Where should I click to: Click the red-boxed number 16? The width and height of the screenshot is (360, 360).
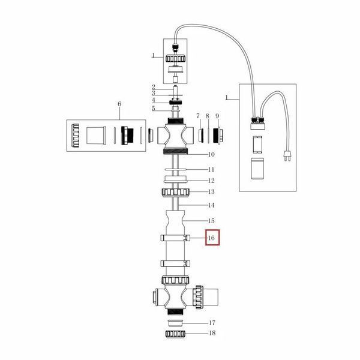pos(211,238)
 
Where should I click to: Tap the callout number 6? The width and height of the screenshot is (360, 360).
pos(119,104)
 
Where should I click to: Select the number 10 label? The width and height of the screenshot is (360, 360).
pos(211,155)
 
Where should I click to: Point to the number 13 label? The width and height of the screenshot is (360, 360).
pos(211,191)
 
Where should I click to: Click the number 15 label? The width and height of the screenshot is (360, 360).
pos(211,221)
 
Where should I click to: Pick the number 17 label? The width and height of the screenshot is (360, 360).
pos(212,323)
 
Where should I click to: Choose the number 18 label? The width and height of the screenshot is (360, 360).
pos(212,333)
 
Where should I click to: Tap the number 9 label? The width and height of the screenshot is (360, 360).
pos(217,116)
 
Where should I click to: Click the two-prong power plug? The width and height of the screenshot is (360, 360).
pos(287,155)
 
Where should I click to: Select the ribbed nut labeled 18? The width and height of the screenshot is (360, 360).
pos(175,334)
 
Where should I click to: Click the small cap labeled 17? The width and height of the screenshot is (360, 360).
pos(175,323)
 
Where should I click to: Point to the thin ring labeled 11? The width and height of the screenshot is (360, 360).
pos(175,170)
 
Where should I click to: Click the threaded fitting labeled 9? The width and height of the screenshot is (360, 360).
pos(218,136)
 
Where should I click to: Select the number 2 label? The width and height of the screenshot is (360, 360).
pos(154,88)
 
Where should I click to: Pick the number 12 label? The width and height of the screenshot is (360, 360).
pos(211,181)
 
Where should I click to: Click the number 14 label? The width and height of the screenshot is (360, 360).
pos(211,205)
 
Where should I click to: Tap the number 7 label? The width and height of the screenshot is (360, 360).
pos(198,116)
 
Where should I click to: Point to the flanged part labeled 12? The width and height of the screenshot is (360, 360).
pos(175,179)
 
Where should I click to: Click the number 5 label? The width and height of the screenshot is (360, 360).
pos(154,109)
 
